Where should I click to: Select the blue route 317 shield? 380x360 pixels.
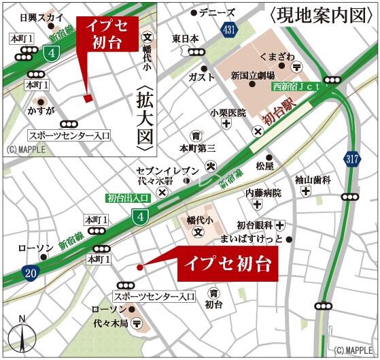[x=351, y=160]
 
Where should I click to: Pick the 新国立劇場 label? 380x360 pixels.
[x=252, y=76]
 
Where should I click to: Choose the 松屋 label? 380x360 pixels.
[x=264, y=165]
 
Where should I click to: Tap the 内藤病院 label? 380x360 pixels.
[x=263, y=193]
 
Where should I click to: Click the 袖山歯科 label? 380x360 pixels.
[x=313, y=180]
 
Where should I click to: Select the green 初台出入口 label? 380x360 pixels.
[x=126, y=199]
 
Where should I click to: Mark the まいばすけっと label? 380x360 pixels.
[x=253, y=239]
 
